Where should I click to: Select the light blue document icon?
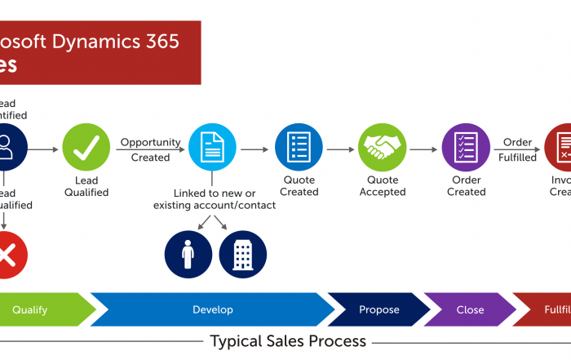pyautogui.click(x=212, y=148)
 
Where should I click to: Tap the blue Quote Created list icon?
pyautogui.click(x=299, y=148)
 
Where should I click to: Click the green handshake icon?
pyautogui.click(x=382, y=148)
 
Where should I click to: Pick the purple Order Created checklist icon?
pyautogui.click(x=466, y=148)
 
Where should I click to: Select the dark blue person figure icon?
pyautogui.click(x=188, y=254)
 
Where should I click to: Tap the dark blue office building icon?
pyautogui.click(x=242, y=254)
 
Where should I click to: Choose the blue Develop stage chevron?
pyautogui.click(x=213, y=309)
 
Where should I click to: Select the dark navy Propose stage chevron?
pyautogui.click(x=379, y=309)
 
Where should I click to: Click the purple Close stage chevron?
pyautogui.click(x=470, y=309)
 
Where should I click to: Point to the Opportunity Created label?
pyautogui.click(x=150, y=149)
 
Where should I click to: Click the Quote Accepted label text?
pyautogui.click(x=382, y=186)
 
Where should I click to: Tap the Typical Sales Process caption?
pyautogui.click(x=288, y=340)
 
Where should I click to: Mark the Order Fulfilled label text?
pyautogui.click(x=518, y=149)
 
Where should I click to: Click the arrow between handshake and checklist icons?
pyautogui.click(x=423, y=149)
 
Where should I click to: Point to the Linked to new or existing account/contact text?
pyautogui.click(x=215, y=199)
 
